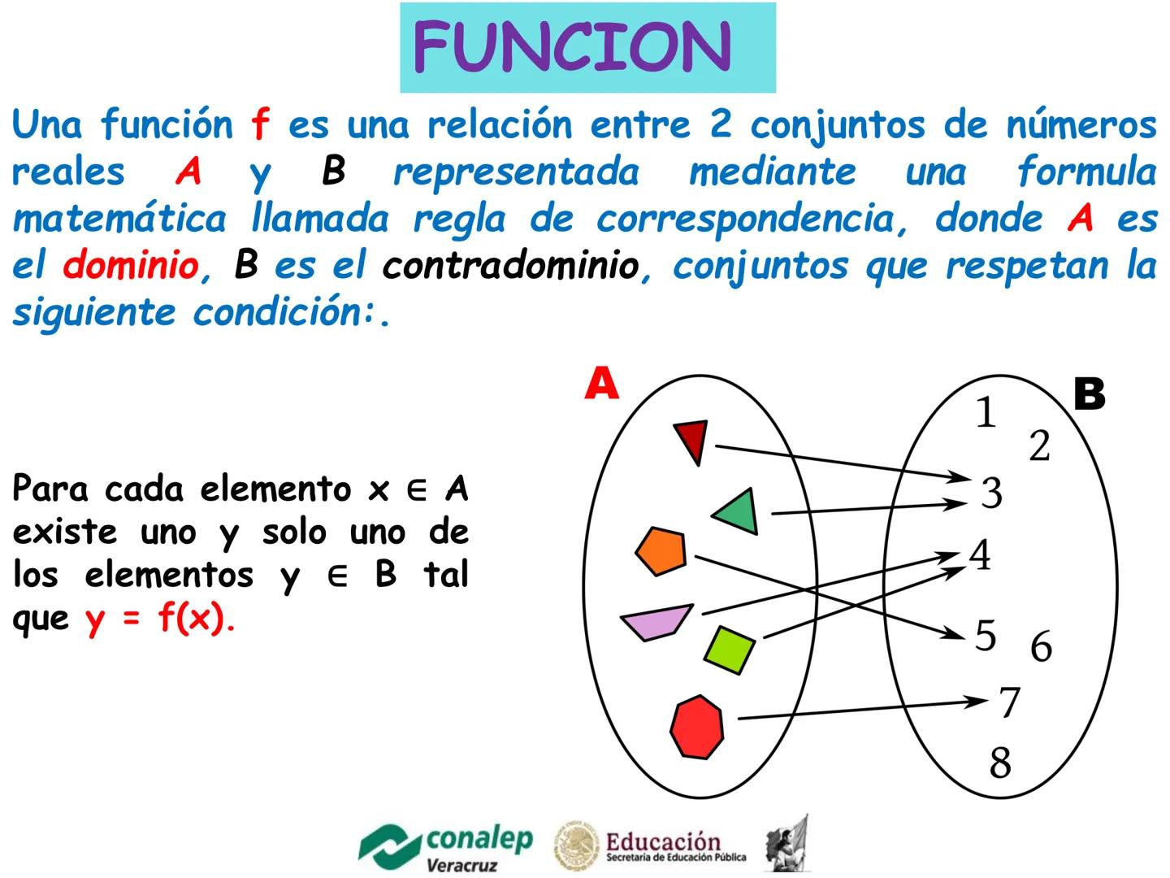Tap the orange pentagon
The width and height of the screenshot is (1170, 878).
click(661, 551)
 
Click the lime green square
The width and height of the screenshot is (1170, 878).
click(729, 649)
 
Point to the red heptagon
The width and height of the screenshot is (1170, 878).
click(697, 727)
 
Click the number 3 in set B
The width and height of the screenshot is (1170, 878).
click(991, 493)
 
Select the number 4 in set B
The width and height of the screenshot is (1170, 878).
click(980, 555)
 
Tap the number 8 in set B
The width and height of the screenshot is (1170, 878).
click(1000, 763)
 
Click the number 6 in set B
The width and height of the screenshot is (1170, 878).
click(1041, 647)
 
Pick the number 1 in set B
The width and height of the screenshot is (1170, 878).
click(986, 412)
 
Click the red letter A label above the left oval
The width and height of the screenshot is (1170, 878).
click(601, 384)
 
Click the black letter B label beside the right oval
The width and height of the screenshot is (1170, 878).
click(1089, 394)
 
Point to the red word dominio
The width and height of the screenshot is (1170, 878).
click(130, 265)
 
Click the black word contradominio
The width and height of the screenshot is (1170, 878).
click(510, 265)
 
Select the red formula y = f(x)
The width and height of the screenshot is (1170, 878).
click(160, 619)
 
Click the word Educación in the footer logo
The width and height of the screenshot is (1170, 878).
click(663, 842)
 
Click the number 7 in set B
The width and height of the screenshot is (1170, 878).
click(1009, 702)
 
